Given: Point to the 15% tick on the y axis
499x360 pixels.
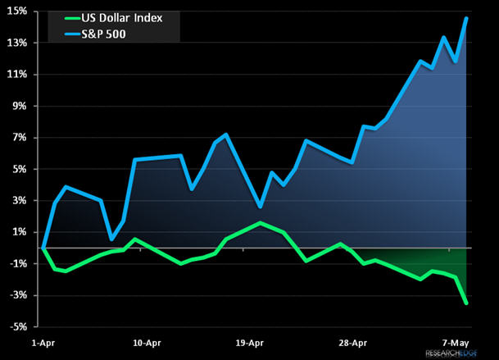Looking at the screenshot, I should tap(17, 11).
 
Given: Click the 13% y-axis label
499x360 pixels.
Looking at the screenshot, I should tap(17, 43).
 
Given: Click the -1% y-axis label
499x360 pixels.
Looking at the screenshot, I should tap(18, 263).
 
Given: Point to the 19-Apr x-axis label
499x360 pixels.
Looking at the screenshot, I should tap(249, 343).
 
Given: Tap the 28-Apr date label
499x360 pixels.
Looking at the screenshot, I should tap(352, 343).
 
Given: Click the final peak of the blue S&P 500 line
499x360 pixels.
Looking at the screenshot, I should tap(466, 18).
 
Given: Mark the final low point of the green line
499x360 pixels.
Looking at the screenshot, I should tap(466, 303).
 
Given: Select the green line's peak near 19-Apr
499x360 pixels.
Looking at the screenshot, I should tap(260, 223).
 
